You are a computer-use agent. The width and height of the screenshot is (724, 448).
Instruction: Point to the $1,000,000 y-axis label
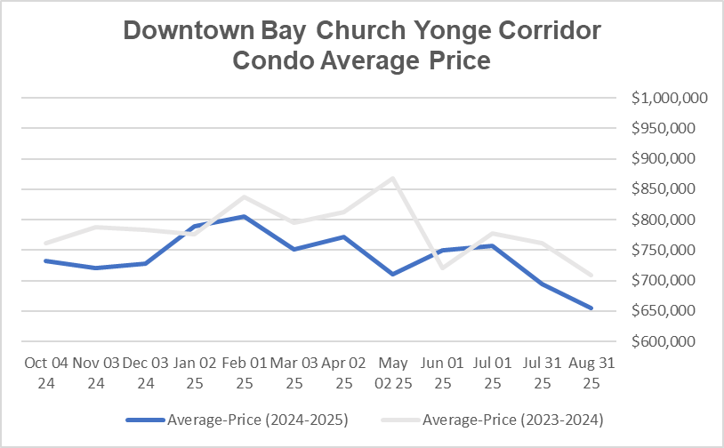tap(669, 98)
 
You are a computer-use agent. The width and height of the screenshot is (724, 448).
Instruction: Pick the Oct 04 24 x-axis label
tap(45, 372)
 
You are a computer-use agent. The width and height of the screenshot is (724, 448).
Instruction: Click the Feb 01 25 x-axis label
tap(243, 372)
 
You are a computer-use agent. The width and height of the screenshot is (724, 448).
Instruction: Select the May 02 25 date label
tap(392, 372)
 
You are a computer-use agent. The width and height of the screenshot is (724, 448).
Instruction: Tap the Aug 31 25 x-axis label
tap(591, 372)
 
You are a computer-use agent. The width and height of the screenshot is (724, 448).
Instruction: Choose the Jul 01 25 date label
tap(491, 372)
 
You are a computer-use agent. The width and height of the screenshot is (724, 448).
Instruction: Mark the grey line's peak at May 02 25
tap(392, 178)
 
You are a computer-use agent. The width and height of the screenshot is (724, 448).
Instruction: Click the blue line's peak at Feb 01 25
tap(243, 216)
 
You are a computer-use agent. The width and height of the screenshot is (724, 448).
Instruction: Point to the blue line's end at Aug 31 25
tap(591, 308)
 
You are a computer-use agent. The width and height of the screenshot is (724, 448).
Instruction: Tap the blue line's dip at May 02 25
tap(392, 274)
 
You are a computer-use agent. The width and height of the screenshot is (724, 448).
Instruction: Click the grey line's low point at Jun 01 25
tap(442, 267)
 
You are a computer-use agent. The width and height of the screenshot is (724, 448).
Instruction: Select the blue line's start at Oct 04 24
tap(45, 260)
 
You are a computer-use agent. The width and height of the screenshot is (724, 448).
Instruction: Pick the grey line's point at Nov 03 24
tap(95, 227)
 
